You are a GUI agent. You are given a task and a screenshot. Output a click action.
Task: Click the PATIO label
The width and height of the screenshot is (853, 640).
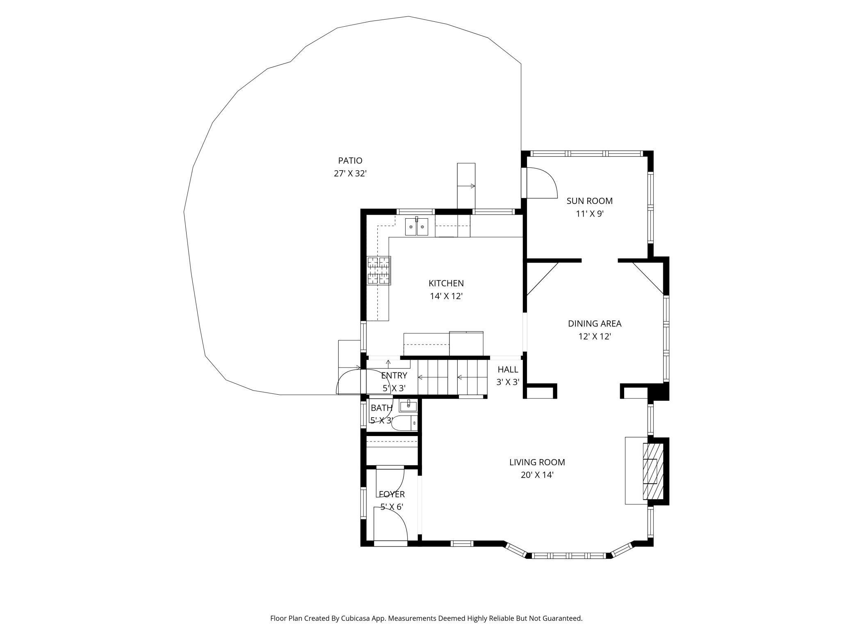click(350, 160)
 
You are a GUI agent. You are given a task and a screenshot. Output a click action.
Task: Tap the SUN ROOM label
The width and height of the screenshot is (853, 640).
click(589, 201)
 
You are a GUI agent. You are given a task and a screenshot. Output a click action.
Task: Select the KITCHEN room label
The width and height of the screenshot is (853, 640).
click(446, 283)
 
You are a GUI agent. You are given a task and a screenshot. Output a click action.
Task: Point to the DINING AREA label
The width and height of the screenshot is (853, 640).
click(595, 323)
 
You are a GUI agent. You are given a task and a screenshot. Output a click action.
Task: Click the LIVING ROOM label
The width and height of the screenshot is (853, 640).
click(537, 462)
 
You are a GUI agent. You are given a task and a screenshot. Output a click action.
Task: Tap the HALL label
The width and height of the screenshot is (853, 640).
click(508, 369)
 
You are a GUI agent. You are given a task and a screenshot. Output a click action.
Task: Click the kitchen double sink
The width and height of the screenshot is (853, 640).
click(417, 227)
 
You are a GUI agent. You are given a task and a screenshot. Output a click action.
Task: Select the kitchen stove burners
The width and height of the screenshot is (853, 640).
click(379, 270)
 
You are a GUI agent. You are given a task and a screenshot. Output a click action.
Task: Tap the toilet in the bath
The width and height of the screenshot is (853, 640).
click(405, 423)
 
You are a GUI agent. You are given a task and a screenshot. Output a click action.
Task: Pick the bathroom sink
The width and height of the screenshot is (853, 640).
click(408, 406)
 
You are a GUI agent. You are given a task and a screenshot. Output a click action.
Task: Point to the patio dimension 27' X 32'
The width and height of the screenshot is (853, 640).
click(350, 174)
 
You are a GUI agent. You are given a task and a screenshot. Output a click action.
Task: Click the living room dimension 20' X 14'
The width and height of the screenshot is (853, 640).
click(537, 475)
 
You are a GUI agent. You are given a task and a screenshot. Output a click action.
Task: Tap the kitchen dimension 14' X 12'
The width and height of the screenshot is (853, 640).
click(446, 296)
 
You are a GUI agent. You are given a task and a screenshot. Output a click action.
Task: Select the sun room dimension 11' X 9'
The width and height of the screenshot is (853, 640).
click(590, 214)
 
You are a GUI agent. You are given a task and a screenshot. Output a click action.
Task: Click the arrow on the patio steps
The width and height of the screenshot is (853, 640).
click(466, 186)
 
